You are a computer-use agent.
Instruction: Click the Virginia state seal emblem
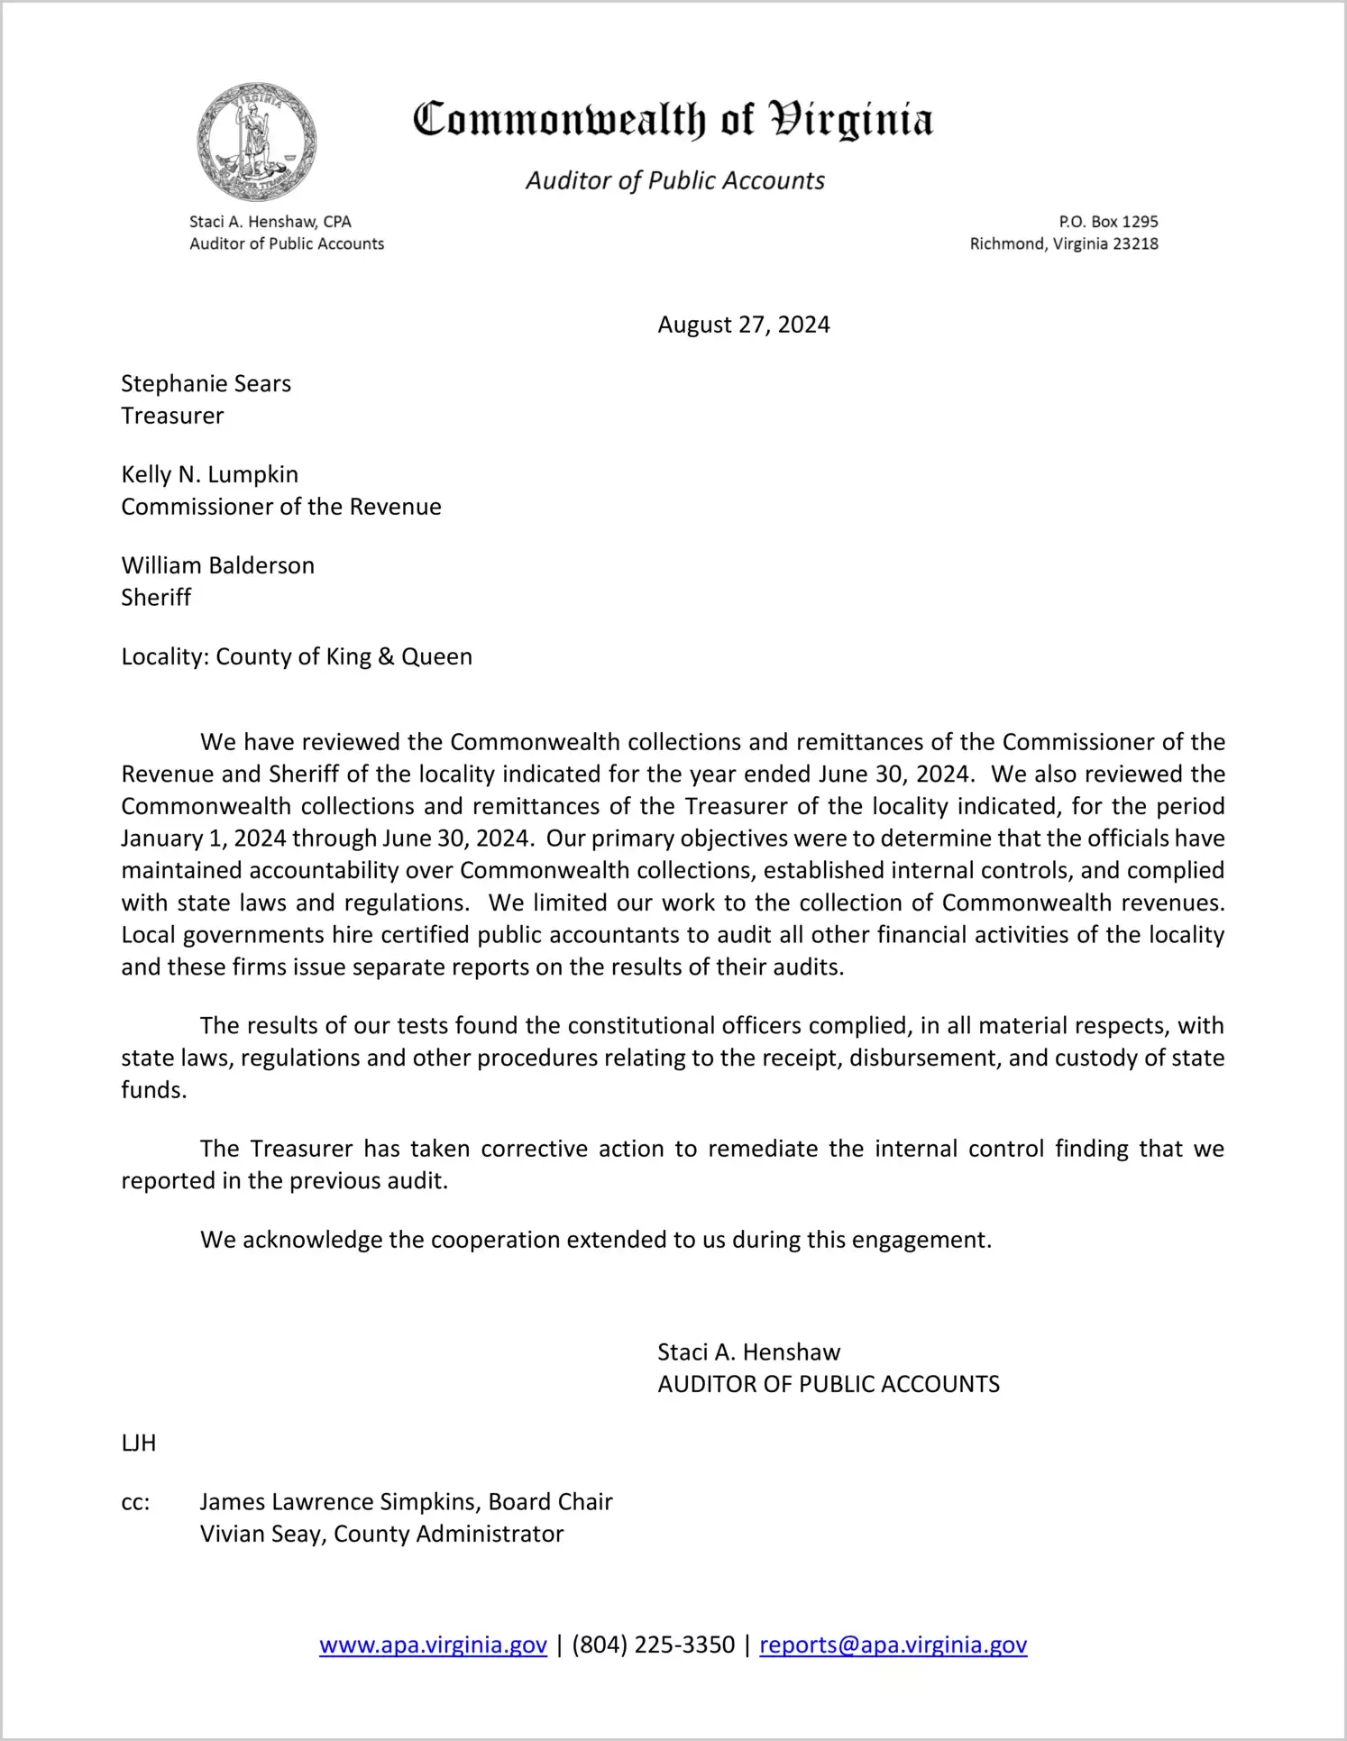[257, 142]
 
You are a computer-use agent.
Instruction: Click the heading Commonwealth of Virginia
[673, 120]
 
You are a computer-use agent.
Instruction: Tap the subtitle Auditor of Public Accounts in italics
[675, 180]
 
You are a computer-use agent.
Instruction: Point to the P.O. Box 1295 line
[1108, 222]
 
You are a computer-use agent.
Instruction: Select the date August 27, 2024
[743, 325]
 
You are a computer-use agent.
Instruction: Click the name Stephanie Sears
[206, 384]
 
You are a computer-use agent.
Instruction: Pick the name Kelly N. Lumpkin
[209, 475]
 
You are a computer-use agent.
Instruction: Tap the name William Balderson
[217, 566]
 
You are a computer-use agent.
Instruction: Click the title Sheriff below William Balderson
[156, 598]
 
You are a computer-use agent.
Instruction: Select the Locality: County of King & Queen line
[297, 656]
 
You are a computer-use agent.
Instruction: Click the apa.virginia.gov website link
[433, 1645]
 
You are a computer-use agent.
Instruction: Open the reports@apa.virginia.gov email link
[893, 1645]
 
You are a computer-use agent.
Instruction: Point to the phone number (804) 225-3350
[653, 1645]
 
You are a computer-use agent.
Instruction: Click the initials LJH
[138, 1443]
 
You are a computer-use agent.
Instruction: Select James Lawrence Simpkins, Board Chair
[406, 1502]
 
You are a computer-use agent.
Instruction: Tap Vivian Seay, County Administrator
[381, 1534]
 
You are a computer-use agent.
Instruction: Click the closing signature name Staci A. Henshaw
[748, 1352]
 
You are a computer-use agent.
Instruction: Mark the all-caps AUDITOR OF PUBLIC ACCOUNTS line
[829, 1384]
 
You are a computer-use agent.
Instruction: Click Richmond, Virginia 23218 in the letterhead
[1064, 244]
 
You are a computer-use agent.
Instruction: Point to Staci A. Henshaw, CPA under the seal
[270, 222]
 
